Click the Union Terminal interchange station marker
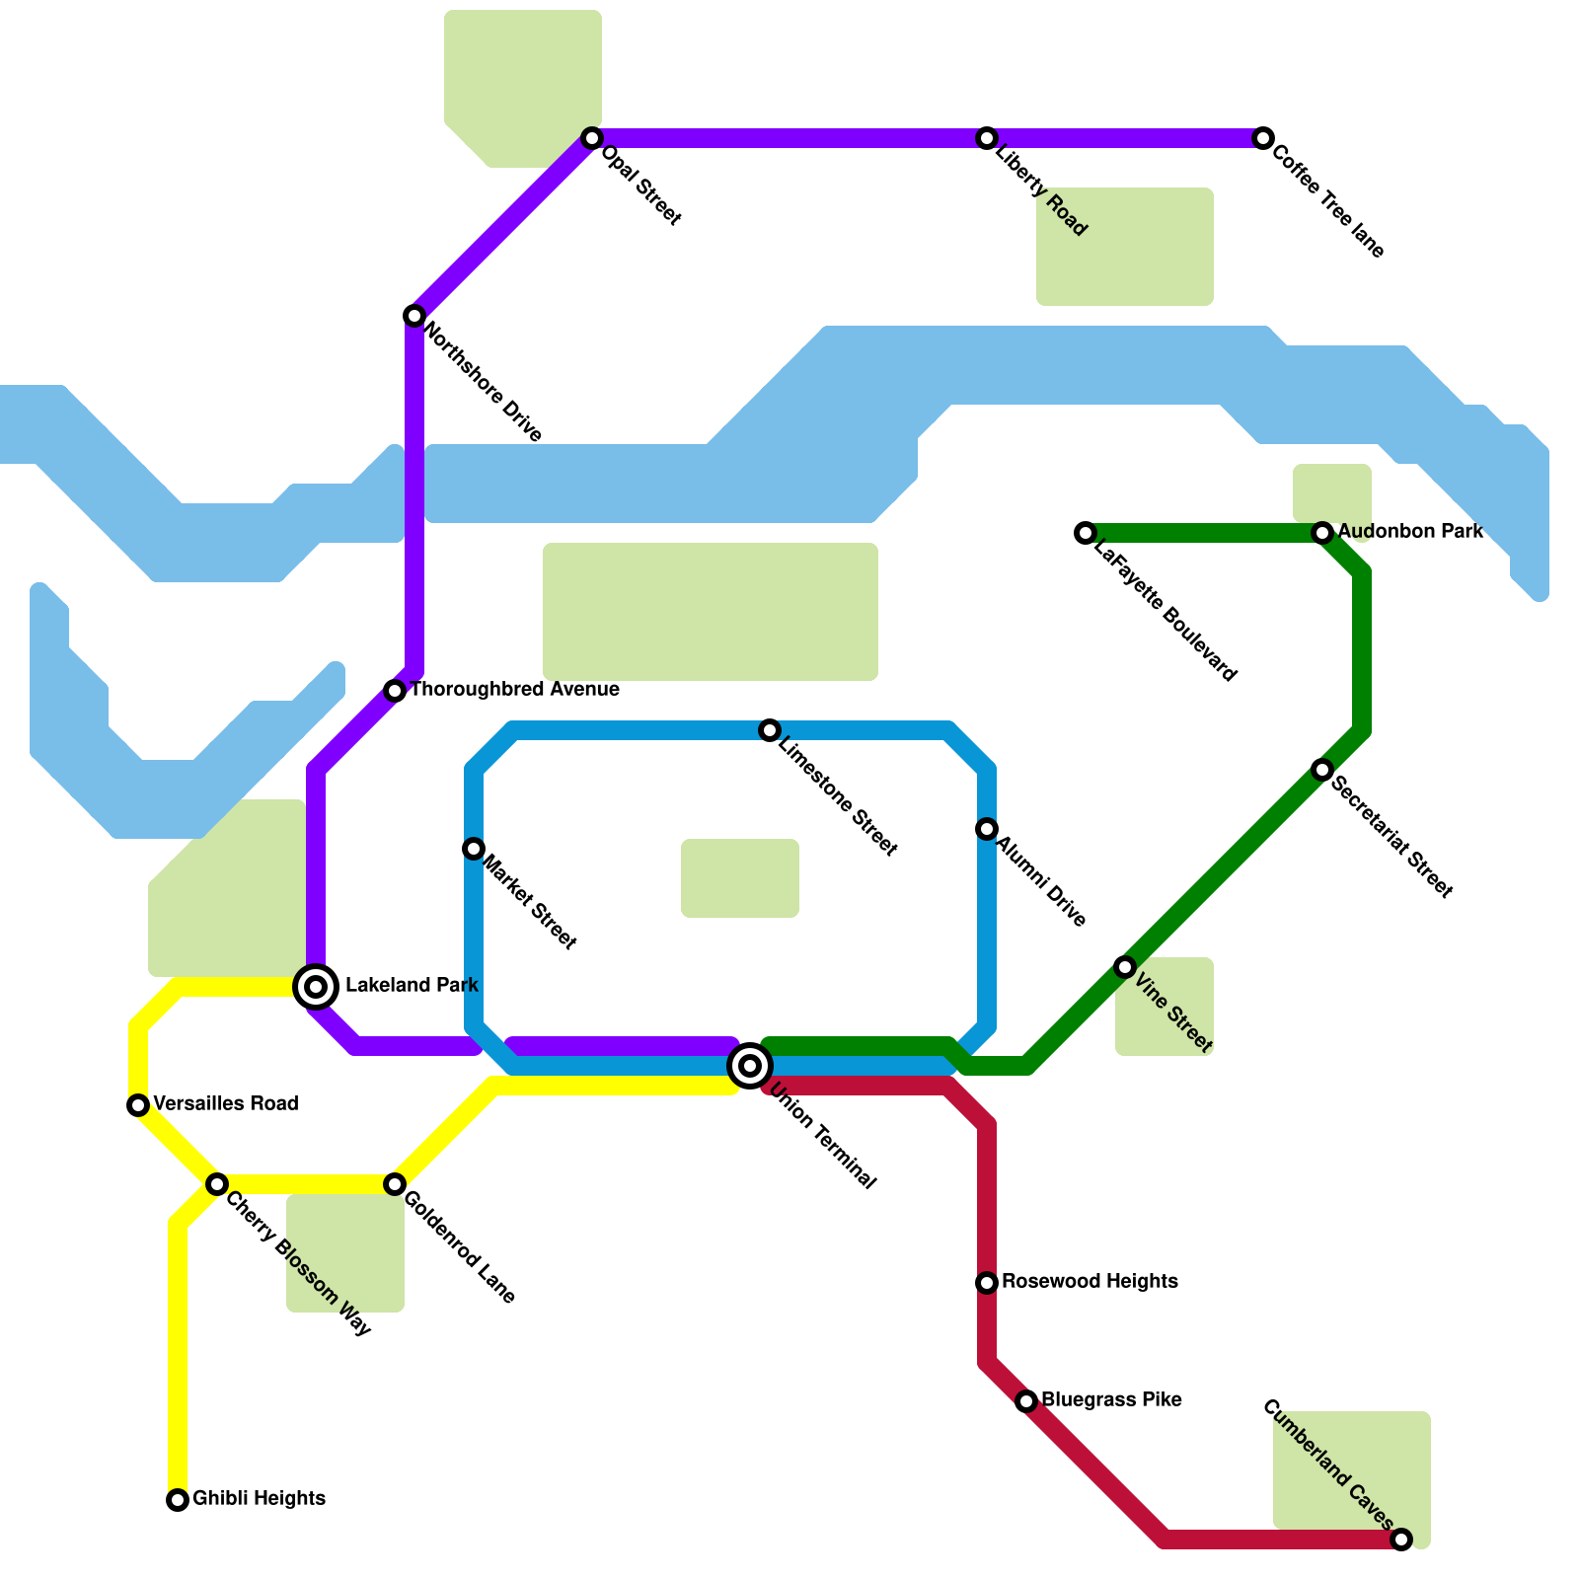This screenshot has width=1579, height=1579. click(x=750, y=1066)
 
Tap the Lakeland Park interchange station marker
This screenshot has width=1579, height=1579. click(x=316, y=986)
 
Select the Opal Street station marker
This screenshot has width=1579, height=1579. click(x=592, y=138)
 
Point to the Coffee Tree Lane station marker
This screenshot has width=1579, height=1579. click(x=1263, y=138)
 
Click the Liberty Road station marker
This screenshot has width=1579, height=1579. click(x=987, y=138)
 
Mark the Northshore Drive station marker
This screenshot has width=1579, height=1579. click(x=414, y=316)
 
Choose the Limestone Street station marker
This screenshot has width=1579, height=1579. click(x=770, y=730)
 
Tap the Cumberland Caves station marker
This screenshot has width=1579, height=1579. click(x=1401, y=1540)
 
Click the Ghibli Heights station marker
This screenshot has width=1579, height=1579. click(x=178, y=1500)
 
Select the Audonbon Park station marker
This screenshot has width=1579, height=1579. click(x=1322, y=533)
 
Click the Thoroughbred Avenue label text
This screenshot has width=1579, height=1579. click(x=514, y=690)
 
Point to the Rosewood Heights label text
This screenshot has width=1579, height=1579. click(x=1090, y=1282)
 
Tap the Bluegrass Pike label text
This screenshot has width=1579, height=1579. click(x=1111, y=1400)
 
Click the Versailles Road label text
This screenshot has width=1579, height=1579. click(x=225, y=1104)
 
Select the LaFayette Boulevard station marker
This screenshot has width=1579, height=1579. click(x=1086, y=533)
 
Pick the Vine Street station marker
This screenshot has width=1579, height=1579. click(x=1125, y=967)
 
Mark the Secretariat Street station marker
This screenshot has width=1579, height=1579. click(x=1322, y=770)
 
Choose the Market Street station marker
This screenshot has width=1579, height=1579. click(x=474, y=849)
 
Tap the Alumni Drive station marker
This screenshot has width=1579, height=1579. click(x=987, y=829)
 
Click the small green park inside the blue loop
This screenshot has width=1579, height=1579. click(x=740, y=878)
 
